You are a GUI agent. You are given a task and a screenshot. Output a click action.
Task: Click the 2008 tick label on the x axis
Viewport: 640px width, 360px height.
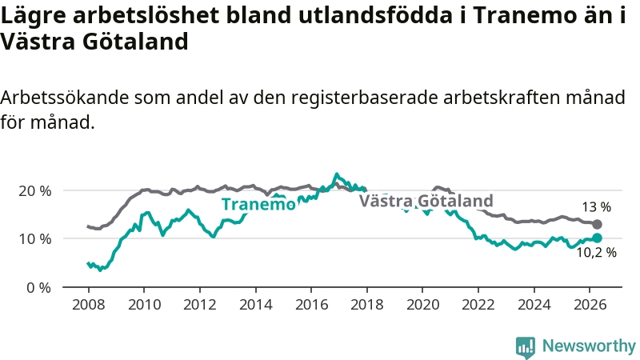click(x=88, y=305)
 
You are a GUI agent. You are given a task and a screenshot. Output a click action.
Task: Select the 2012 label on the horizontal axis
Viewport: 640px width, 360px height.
click(x=199, y=305)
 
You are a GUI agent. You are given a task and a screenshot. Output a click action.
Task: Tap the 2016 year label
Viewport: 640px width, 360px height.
click(x=311, y=305)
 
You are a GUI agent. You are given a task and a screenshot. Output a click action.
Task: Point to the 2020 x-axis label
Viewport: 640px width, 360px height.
click(x=422, y=305)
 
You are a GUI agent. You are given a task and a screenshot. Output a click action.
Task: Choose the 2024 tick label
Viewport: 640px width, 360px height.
click(x=534, y=305)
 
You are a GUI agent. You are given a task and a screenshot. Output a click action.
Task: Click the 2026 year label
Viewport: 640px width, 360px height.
click(x=590, y=305)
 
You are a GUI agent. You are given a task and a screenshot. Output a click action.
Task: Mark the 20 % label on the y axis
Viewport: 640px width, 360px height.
click(x=35, y=191)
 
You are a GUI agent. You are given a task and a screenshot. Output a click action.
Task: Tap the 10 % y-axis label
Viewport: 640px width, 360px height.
click(x=35, y=238)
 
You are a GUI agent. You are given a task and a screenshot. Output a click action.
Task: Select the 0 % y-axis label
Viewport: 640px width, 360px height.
click(x=38, y=288)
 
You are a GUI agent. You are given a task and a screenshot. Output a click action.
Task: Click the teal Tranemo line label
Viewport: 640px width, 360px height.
click(x=258, y=204)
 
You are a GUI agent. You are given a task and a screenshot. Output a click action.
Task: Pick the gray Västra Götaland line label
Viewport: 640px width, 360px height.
click(x=426, y=201)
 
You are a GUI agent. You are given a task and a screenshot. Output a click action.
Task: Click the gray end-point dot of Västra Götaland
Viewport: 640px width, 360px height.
click(x=597, y=224)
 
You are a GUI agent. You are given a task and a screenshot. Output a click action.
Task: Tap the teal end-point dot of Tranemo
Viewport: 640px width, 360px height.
click(x=597, y=238)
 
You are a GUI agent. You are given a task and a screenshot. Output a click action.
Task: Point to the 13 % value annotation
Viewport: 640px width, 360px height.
click(x=596, y=207)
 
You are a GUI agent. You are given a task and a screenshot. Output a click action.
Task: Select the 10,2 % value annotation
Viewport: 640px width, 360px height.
click(x=596, y=253)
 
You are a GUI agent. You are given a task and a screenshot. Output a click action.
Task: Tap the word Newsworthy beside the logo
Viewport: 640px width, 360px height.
click(x=589, y=346)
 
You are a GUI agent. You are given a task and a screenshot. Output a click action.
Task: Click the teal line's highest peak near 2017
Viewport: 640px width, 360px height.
click(x=337, y=174)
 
